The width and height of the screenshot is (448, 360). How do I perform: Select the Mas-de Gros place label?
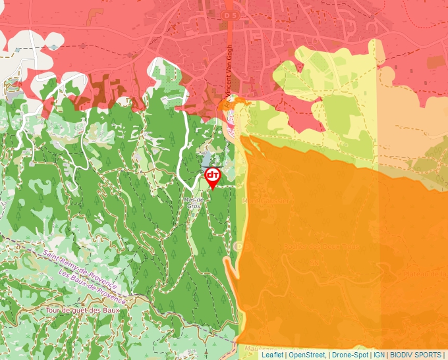(193, 203)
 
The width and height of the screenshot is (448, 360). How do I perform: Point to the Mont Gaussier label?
(264, 201)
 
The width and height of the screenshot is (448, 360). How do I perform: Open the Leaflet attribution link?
(272, 355)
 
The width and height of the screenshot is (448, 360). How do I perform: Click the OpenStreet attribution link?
(307, 355)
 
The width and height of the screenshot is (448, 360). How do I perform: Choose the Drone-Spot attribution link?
(350, 355)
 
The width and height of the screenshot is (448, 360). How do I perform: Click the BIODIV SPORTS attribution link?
(416, 355)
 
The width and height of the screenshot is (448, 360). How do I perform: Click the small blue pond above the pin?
(206, 160)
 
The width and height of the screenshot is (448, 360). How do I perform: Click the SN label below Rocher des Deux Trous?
(314, 263)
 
